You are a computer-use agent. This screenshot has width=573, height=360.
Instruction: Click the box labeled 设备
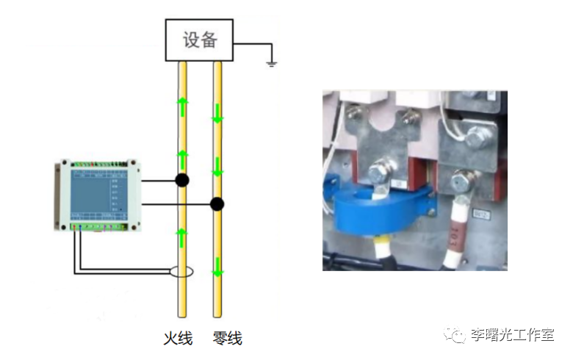tap(200, 39)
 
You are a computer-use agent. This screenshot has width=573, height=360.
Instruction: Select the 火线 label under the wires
tap(178, 339)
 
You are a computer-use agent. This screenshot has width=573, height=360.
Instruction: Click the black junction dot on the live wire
tap(181, 181)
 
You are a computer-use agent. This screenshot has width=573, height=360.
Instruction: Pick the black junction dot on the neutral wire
tap(217, 204)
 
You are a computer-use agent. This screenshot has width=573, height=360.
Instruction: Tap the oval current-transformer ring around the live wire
tap(181, 273)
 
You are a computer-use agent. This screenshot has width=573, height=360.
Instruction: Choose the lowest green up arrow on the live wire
tap(182, 237)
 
